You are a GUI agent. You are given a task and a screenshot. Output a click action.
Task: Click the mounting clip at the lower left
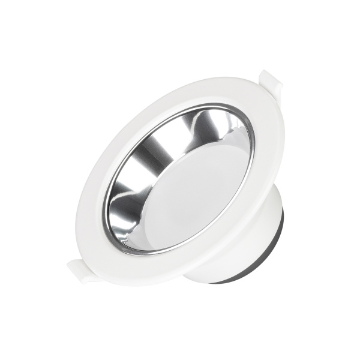(x=81, y=271)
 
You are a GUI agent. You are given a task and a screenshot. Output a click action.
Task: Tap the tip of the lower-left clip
(x=70, y=264)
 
